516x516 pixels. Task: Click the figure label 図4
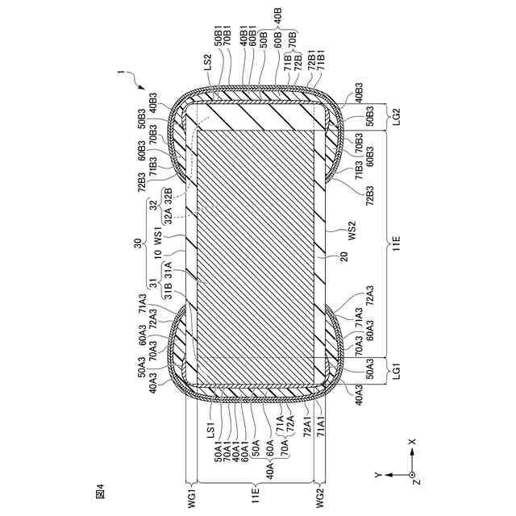101,489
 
